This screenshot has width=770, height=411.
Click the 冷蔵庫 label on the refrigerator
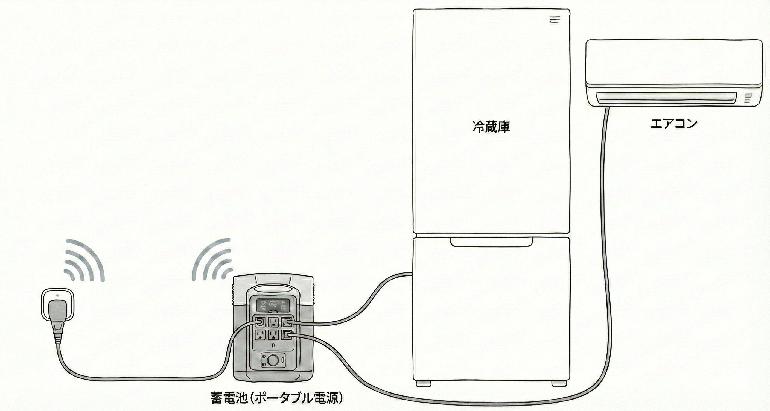(x=491, y=127)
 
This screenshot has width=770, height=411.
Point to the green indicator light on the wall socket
(x=57, y=296)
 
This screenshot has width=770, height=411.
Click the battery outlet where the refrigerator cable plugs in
(x=286, y=322)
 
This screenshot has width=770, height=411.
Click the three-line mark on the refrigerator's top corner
(x=555, y=20)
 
